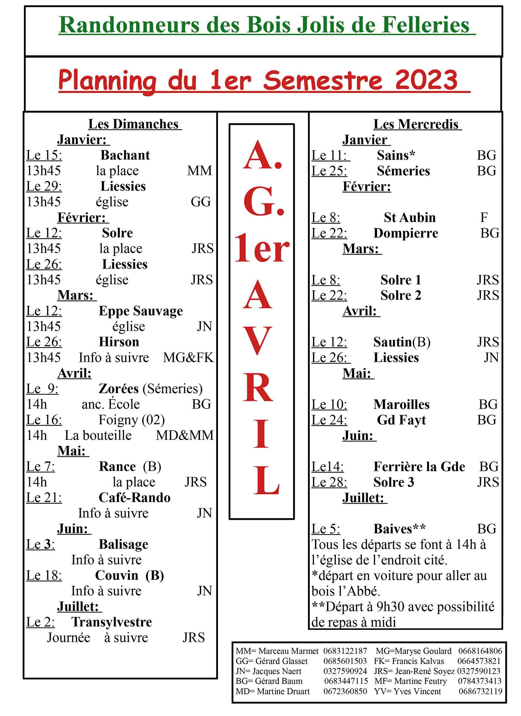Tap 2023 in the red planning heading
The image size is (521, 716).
[426, 80]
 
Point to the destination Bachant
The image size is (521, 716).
[125, 155]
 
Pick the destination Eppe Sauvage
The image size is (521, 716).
[141, 311]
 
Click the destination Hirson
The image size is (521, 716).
[119, 342]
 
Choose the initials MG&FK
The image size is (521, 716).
[188, 357]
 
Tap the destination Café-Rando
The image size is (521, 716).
[135, 498]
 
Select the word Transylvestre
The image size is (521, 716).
[112, 622]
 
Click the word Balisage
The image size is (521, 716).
[123, 544]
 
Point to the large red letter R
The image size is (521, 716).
[258, 387]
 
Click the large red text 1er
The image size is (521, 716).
[262, 249]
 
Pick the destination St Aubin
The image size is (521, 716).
[410, 218]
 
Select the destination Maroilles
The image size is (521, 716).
[402, 405]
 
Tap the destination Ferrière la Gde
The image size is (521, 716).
[419, 467]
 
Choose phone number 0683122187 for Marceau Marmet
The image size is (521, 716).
[345, 651]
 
